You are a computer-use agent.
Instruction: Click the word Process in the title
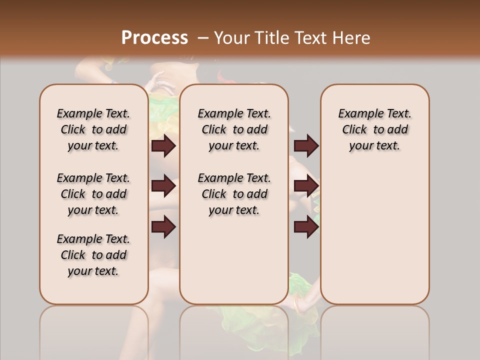(154, 38)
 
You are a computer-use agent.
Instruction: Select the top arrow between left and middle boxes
(163, 145)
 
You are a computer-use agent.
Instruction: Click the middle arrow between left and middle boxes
(163, 186)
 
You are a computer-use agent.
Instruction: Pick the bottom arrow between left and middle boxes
(163, 226)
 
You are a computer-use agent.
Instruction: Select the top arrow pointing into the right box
(306, 145)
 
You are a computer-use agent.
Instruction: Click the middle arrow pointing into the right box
(306, 186)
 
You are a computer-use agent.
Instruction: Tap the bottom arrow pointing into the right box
(306, 226)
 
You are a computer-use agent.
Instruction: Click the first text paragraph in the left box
(93, 129)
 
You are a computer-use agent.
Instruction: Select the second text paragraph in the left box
(93, 194)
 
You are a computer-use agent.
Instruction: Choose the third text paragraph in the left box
(93, 255)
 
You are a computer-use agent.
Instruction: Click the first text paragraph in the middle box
(234, 129)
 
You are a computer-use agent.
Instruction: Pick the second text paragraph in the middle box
(234, 194)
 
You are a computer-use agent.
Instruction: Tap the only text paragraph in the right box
(374, 129)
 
